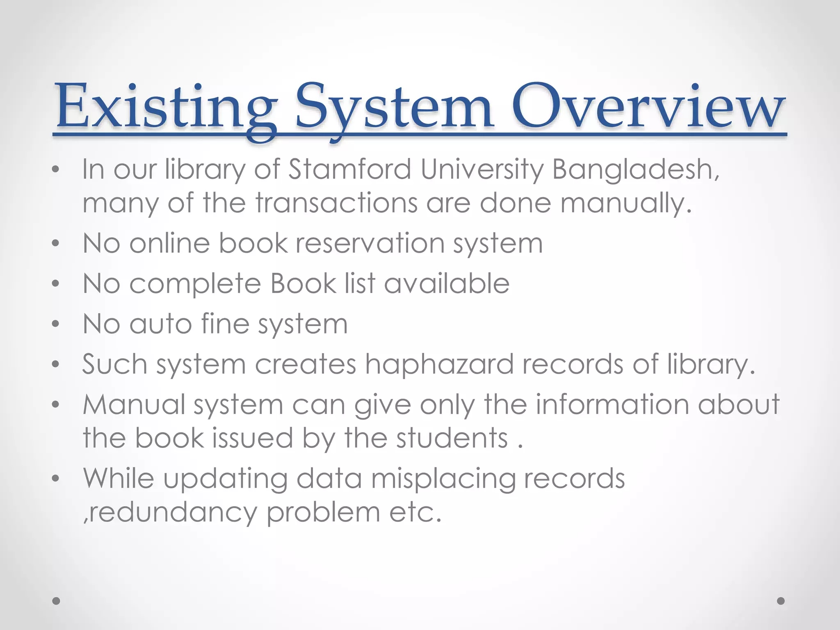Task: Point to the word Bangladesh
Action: tap(635, 170)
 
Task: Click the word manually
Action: tap(626, 203)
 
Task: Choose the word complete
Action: tap(195, 284)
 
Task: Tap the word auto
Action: tap(161, 324)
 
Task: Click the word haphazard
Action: tap(439, 365)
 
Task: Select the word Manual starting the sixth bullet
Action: tap(134, 404)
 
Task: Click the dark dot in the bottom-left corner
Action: tap(56, 601)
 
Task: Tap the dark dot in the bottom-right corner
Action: tap(781, 601)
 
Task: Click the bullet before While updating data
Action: tap(56, 478)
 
